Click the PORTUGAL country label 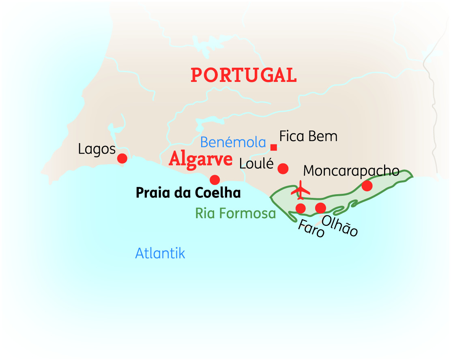pos(244,75)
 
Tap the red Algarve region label pos(201,159)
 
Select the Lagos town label pos(97,149)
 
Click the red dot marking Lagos pos(122,159)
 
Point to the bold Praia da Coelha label pos(188,193)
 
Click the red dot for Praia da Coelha pos(215,180)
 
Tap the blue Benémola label pos(233,142)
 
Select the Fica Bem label pos(308,136)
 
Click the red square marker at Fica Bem pos(274,147)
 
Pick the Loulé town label pos(257,164)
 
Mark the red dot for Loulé pos(283,168)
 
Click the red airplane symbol pos(301,190)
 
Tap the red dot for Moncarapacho pos(367,186)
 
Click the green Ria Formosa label pos(235,213)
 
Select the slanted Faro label pos(311,229)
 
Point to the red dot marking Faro pos(301,208)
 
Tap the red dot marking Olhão pos(320,208)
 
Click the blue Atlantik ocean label pos(160,253)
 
